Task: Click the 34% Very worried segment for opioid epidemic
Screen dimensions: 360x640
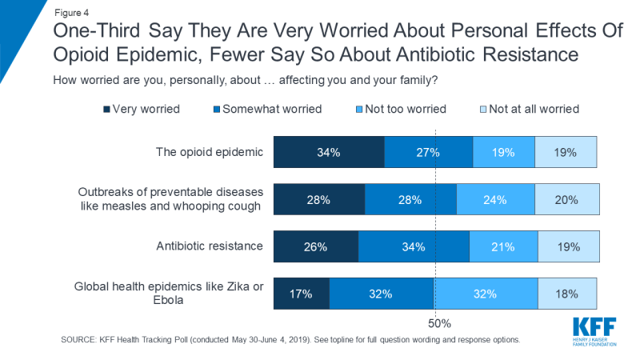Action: pos(329,152)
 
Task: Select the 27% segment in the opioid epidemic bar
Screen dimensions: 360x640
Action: pos(429,152)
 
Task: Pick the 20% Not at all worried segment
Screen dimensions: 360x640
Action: pos(566,200)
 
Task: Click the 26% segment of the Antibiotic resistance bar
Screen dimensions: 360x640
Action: pos(316,247)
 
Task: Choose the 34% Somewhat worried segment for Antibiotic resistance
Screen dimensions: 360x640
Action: pos(414,247)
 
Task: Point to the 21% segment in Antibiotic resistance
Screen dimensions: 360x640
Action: pos(503,247)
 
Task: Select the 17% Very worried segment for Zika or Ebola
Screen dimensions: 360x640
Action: pos(302,294)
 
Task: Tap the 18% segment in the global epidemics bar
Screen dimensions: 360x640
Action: pos(567,294)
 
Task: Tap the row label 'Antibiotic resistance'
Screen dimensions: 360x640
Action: pos(210,246)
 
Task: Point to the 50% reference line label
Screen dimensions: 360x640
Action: pos(439,324)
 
